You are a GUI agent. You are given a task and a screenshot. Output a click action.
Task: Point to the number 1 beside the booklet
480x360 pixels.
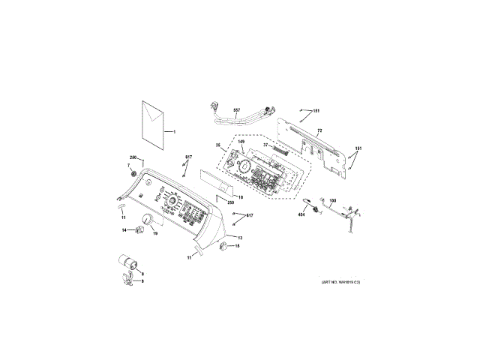(x=174, y=132)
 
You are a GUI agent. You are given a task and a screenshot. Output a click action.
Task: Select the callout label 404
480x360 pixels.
(x=301, y=215)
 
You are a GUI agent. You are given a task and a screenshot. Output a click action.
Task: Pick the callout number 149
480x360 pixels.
(x=241, y=142)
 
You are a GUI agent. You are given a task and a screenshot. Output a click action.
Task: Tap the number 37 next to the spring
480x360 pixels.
(x=265, y=145)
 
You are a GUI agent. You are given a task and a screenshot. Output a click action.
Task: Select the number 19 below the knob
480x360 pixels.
(x=155, y=234)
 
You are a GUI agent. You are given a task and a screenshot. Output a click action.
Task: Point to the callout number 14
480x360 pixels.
(x=124, y=230)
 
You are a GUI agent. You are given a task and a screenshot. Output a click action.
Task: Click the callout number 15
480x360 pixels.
(x=238, y=246)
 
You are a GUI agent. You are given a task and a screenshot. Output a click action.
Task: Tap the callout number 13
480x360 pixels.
(x=240, y=237)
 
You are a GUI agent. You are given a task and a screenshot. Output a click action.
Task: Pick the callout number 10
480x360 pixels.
(x=241, y=197)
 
